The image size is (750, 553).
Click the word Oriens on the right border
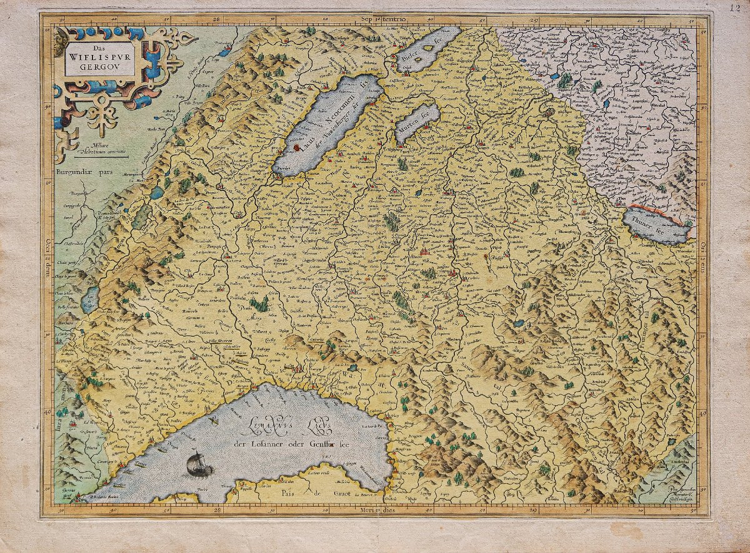(702, 253)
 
